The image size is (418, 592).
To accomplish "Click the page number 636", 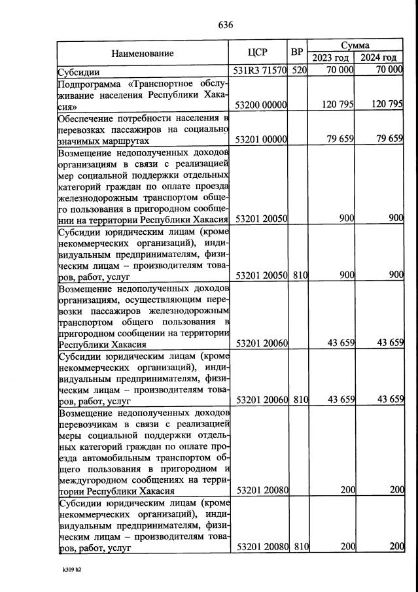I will (x=226, y=26).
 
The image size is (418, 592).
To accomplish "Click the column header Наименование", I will (x=142, y=53).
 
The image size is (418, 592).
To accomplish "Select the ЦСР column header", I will (x=258, y=53).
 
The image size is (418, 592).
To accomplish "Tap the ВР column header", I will (x=298, y=51).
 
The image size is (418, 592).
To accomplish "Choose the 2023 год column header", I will (x=332, y=59).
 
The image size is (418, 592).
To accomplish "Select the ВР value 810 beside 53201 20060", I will (x=300, y=400).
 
